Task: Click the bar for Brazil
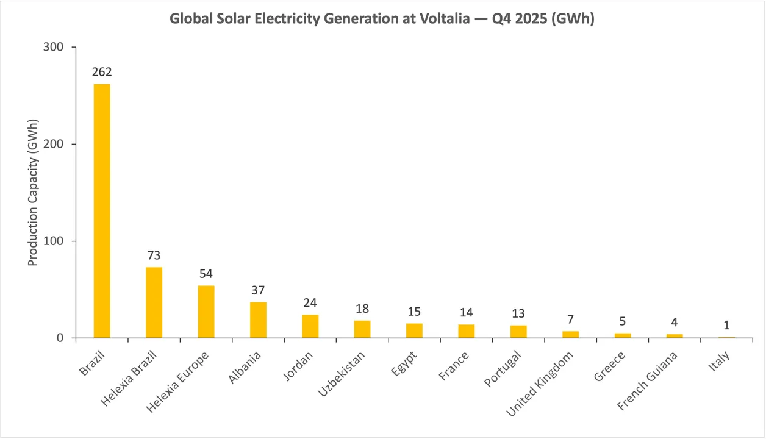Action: coord(102,210)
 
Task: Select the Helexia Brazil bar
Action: coord(154,302)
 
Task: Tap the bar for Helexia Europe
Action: coord(206,312)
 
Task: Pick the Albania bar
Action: coord(258,319)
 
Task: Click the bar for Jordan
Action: coord(310,326)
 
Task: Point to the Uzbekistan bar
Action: coord(362,329)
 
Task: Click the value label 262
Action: coord(102,72)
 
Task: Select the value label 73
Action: coord(154,255)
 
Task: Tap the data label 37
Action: coord(258,290)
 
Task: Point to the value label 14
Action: coord(467,313)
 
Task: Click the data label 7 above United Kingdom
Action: coord(571,319)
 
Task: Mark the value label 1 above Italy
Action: coord(726,325)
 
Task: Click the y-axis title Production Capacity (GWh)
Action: coord(33,193)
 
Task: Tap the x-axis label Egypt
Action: coord(404,363)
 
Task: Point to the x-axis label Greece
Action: coord(610,365)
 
